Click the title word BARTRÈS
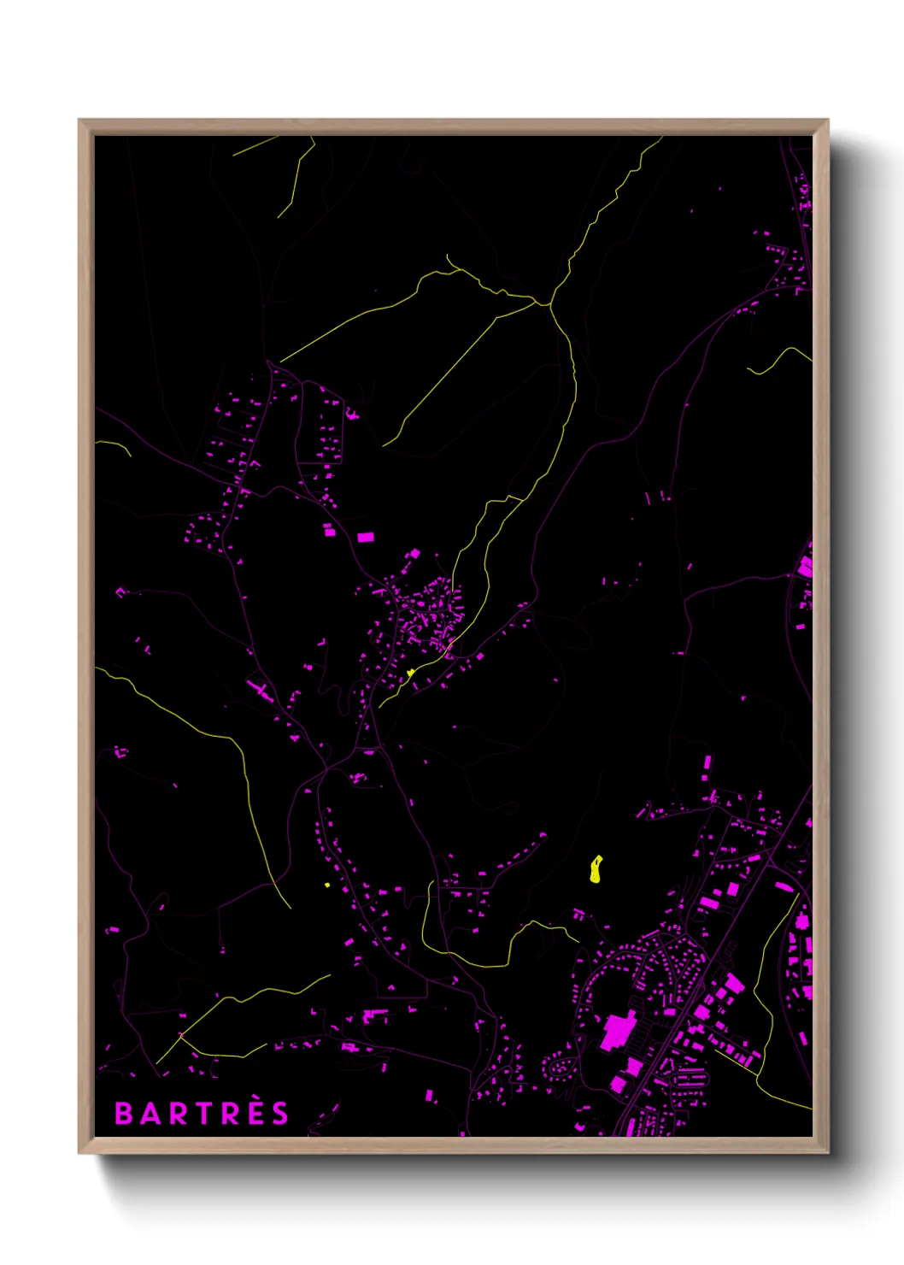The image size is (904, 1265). pos(202,1113)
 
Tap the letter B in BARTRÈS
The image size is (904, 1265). pos(123,1113)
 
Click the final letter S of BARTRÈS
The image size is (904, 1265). pos(281,1113)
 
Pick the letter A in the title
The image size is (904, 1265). pos(149,1113)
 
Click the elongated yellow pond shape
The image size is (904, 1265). pos(596,868)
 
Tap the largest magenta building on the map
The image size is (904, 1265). pos(618,1030)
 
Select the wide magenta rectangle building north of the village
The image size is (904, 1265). pos(366,537)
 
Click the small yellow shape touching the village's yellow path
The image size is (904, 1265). pos(411,673)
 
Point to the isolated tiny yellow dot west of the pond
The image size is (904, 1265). pos(327,885)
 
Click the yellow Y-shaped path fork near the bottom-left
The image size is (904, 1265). pos(181,1035)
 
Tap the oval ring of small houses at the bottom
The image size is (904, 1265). pos(561,1066)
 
